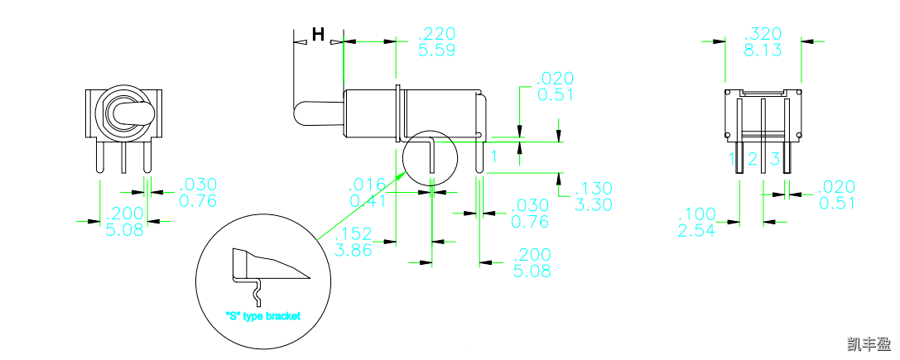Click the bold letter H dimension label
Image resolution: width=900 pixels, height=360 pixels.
pyautogui.click(x=318, y=35)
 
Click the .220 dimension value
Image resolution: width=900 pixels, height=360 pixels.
pyautogui.click(x=438, y=34)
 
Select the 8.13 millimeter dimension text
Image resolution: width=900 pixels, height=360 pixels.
pyautogui.click(x=763, y=50)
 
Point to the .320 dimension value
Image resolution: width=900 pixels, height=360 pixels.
pyautogui.click(x=763, y=34)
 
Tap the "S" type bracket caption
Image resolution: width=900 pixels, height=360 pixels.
pyautogui.click(x=262, y=316)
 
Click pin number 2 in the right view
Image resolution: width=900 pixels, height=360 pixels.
pyautogui.click(x=753, y=158)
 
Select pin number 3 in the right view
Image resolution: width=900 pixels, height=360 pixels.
pyautogui.click(x=775, y=158)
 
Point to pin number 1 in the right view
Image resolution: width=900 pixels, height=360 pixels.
pyautogui.click(x=732, y=158)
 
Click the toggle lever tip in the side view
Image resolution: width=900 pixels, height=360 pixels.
pyautogui.click(x=300, y=113)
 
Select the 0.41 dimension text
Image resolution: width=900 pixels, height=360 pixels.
pyautogui.click(x=367, y=200)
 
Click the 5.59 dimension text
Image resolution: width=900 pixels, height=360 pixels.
pyautogui.click(x=438, y=50)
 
